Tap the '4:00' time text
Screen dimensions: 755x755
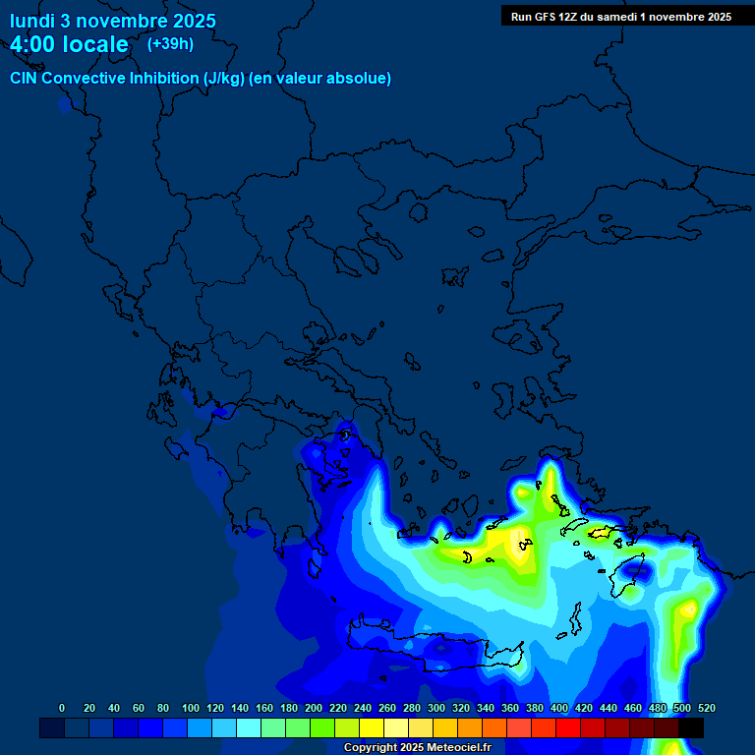pyautogui.click(x=34, y=45)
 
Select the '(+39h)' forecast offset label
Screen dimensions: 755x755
pyautogui.click(x=170, y=44)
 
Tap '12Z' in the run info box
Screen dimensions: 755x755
pyautogui.click(x=574, y=17)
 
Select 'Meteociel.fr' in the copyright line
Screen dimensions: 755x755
pyautogui.click(x=453, y=748)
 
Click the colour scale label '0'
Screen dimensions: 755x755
pyautogui.click(x=62, y=708)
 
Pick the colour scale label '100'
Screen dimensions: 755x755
pyautogui.click(x=191, y=708)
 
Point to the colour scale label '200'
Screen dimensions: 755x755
pyautogui.click(x=314, y=708)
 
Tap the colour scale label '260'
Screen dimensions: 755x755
pyautogui.click(x=387, y=708)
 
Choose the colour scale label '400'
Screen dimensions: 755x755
pyautogui.click(x=559, y=708)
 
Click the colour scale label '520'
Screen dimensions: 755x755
pyautogui.click(x=706, y=708)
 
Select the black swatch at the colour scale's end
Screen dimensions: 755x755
pyautogui.click(x=691, y=727)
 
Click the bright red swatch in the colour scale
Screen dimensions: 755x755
pyautogui.click(x=568, y=727)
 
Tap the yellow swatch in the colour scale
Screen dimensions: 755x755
pyautogui.click(x=372, y=727)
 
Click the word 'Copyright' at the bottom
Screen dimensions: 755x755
pyautogui.click(x=372, y=748)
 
